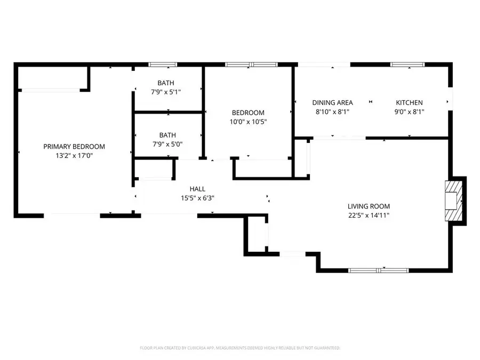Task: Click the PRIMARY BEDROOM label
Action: (74, 147)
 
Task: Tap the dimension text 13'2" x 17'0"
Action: (74, 156)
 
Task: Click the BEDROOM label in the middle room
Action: (248, 113)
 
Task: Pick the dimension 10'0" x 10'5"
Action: (248, 122)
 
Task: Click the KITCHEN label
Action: (409, 103)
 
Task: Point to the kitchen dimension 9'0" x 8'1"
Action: (409, 112)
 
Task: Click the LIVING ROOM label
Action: (369, 206)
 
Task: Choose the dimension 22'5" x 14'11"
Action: (369, 215)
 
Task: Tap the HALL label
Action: (197, 189)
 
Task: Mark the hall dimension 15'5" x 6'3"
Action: (197, 198)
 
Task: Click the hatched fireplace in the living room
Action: (453, 201)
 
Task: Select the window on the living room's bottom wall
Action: (379, 270)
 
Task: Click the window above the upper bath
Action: (163, 65)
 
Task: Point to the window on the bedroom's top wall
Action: (251, 65)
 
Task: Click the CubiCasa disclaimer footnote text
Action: (240, 348)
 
